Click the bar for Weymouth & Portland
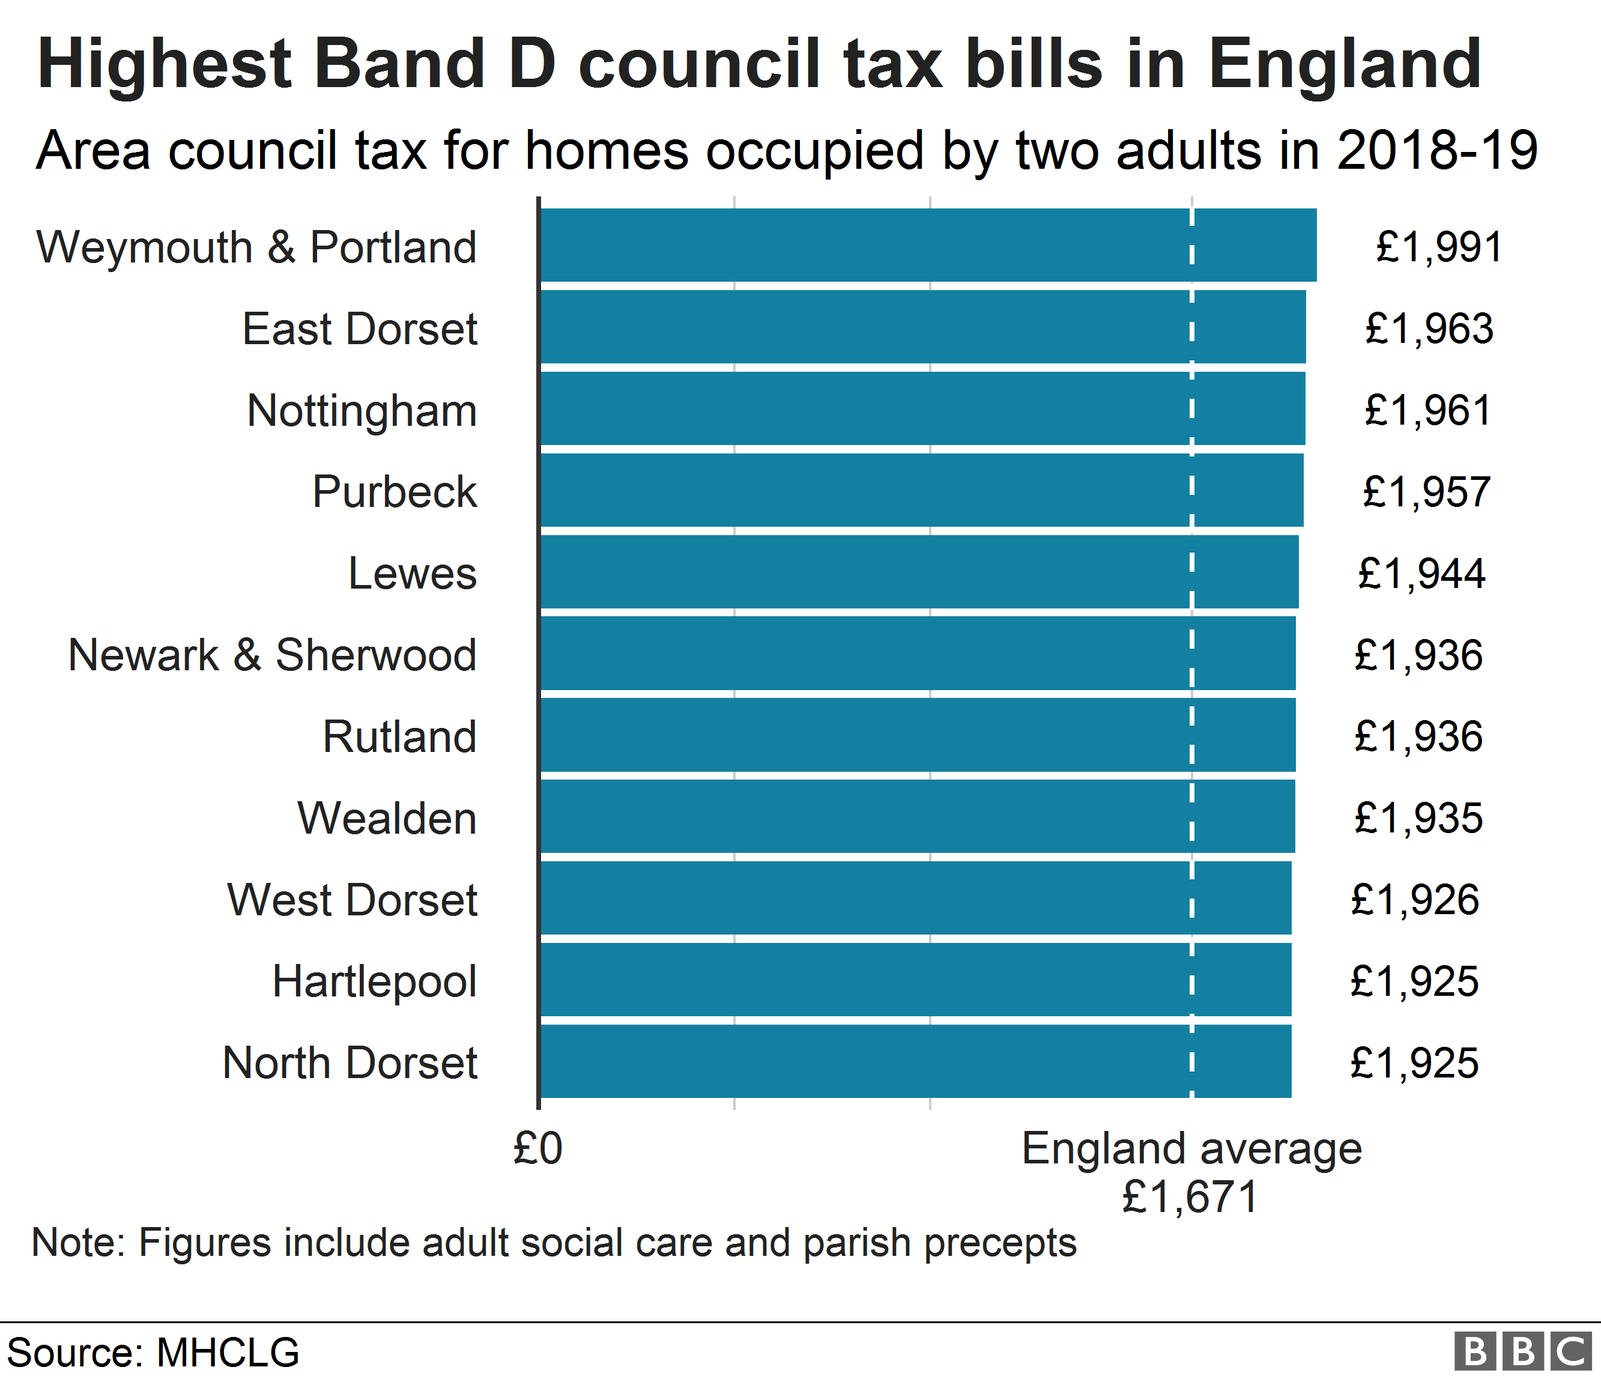927,245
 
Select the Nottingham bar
922,408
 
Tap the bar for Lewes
919,572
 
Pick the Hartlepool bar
915,980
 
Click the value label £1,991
1439,247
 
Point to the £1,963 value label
1429,329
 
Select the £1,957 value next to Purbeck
1426,492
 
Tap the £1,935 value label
1418,818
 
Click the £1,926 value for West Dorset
1415,900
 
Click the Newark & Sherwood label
272,655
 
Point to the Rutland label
399,736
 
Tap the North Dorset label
350,1063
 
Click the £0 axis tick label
538,1149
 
